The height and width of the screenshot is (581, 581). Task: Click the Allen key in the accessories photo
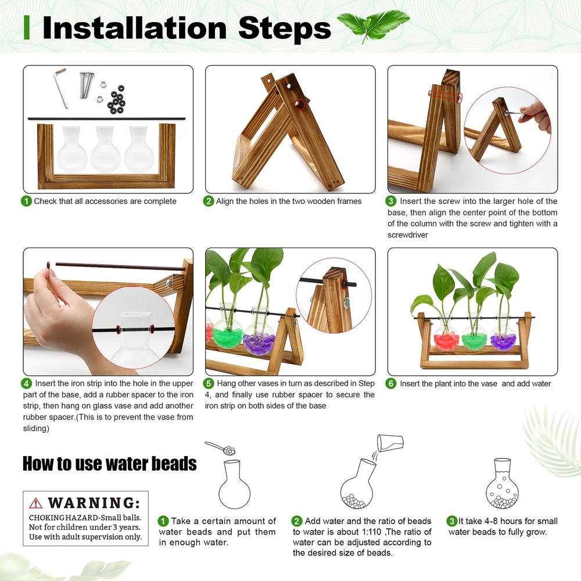pos(62,89)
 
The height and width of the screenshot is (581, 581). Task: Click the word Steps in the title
pos(284,28)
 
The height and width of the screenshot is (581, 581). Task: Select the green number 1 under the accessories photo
pos(26,201)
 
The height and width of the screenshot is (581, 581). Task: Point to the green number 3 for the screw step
pos(390,201)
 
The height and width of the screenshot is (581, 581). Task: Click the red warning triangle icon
pos(35,503)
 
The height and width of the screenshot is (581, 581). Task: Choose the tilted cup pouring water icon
pos(390,443)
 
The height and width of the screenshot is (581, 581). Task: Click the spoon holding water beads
pos(220,448)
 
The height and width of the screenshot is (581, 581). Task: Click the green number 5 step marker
pos(209,383)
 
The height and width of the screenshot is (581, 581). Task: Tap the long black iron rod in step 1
pos(106,119)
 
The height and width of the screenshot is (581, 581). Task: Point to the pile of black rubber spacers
pos(116,100)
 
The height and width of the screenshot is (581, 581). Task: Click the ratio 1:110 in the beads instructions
pos(371,532)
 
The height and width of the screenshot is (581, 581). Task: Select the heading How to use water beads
pos(110,464)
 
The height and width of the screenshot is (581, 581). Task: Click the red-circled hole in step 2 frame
pos(300,105)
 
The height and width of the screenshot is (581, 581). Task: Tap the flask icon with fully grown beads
pos(502,483)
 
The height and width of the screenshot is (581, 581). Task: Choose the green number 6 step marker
pos(390,383)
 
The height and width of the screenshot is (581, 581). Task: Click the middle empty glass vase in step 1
pos(105,149)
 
